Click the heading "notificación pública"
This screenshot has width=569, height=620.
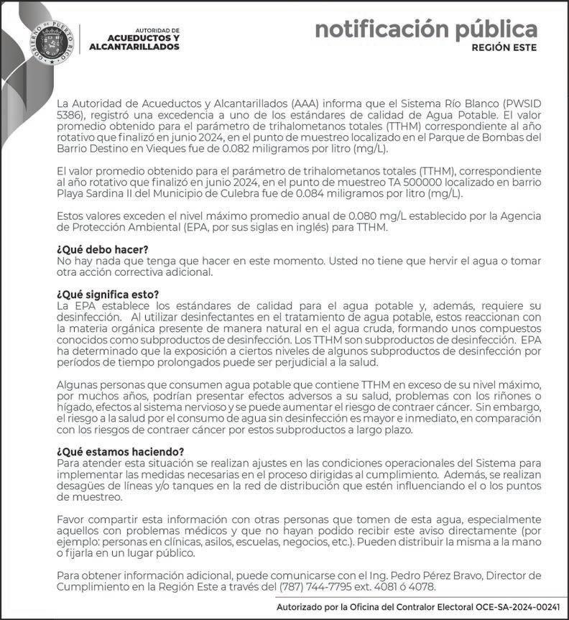[x=425, y=29]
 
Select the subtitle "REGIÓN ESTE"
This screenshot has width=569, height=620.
[x=504, y=48]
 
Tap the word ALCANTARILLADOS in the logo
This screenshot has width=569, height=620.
[x=134, y=47]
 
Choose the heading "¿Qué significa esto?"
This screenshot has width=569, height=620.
[x=107, y=295]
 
